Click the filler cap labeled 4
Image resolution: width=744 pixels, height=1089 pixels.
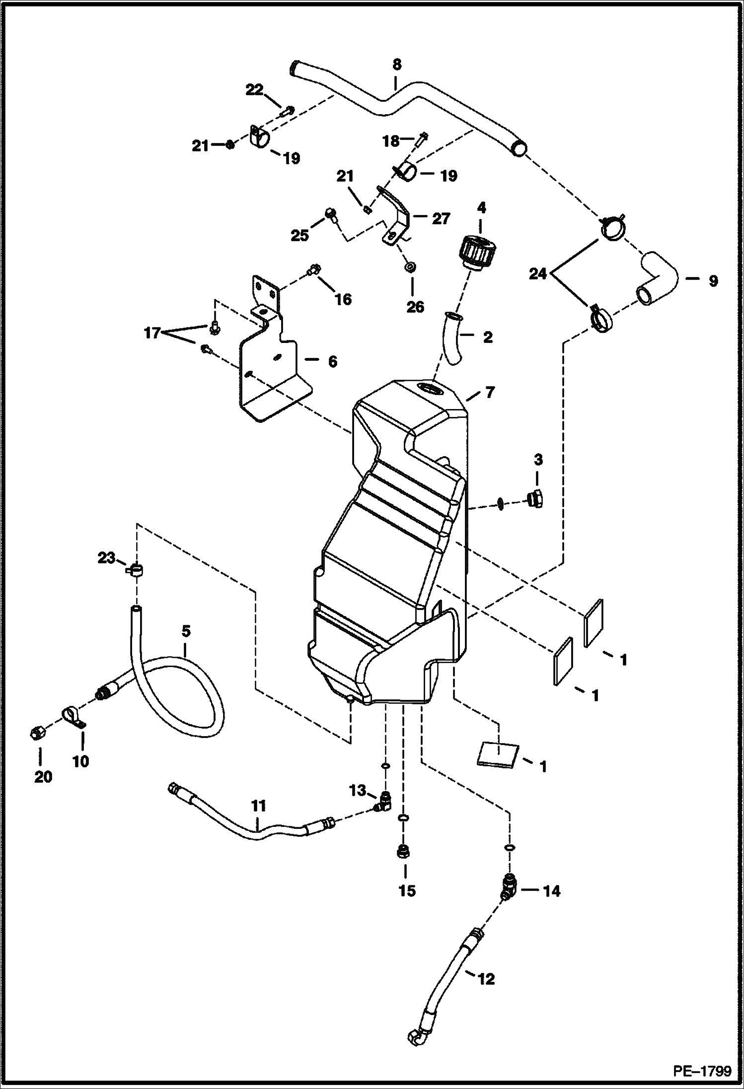click(476, 252)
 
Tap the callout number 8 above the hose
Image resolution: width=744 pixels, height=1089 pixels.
click(396, 65)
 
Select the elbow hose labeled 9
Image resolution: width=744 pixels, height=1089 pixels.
click(657, 280)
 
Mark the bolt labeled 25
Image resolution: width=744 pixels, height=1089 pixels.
click(330, 214)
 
